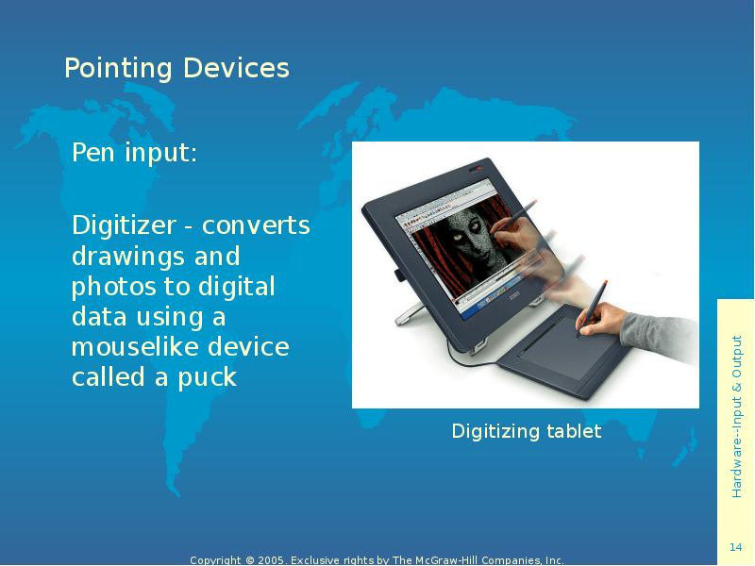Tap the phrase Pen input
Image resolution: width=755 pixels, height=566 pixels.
tap(135, 153)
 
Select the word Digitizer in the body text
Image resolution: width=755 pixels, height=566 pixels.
tap(124, 226)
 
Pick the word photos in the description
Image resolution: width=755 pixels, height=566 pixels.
tap(109, 287)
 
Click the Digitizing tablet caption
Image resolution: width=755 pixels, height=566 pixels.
tap(526, 432)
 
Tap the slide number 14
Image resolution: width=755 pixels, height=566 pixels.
tap(736, 549)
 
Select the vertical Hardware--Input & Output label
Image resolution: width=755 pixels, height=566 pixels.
tap(736, 416)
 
